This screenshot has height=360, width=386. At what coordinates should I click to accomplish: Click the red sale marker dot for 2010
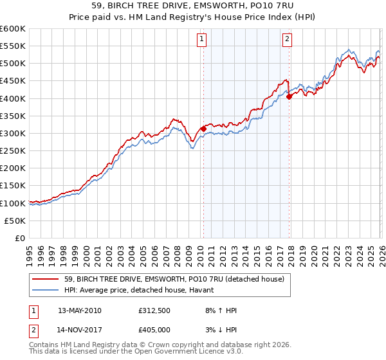tap(203, 129)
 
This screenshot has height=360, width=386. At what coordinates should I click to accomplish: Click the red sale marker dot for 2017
tap(289, 96)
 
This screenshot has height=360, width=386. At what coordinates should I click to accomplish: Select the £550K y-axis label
tap(13, 46)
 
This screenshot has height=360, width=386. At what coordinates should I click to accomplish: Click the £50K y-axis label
tap(15, 221)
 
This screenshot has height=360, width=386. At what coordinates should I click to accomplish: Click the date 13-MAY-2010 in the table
tap(79, 310)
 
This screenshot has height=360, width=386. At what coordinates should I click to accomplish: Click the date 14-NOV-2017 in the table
tap(79, 330)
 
